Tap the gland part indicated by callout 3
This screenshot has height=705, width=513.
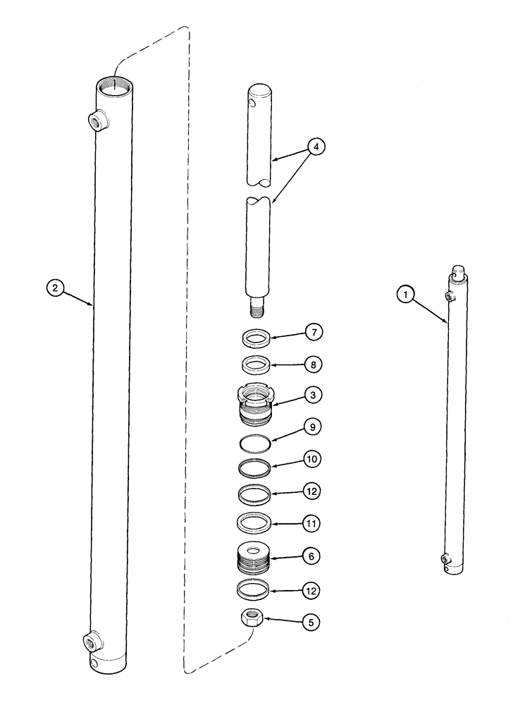tap(256, 407)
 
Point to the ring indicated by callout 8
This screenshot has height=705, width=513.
tap(256, 366)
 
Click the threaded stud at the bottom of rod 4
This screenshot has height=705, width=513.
tap(256, 307)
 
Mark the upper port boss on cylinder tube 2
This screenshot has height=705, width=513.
tap(94, 120)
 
